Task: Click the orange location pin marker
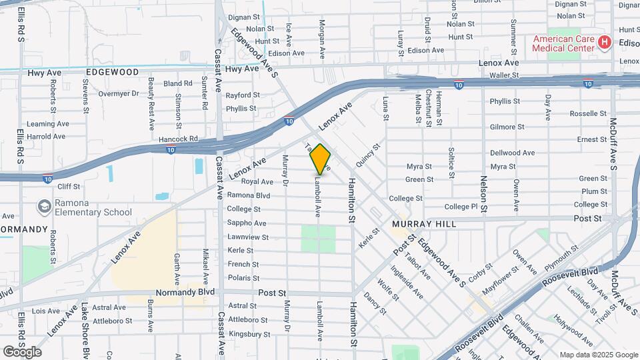point(321,159)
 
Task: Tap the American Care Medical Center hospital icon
point(605,43)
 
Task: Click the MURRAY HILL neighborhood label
point(424,224)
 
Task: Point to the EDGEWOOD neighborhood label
point(112,72)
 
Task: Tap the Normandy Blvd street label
point(185,292)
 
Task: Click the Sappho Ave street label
point(247,223)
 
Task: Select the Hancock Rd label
point(184,139)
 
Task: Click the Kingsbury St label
point(249,334)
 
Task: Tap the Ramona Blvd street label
point(249,195)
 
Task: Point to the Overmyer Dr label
point(119,94)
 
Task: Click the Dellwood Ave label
point(513,153)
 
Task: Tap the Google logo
point(22,352)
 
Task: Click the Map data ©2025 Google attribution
point(598,355)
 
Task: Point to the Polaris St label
point(243,278)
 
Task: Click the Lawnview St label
point(248,237)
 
